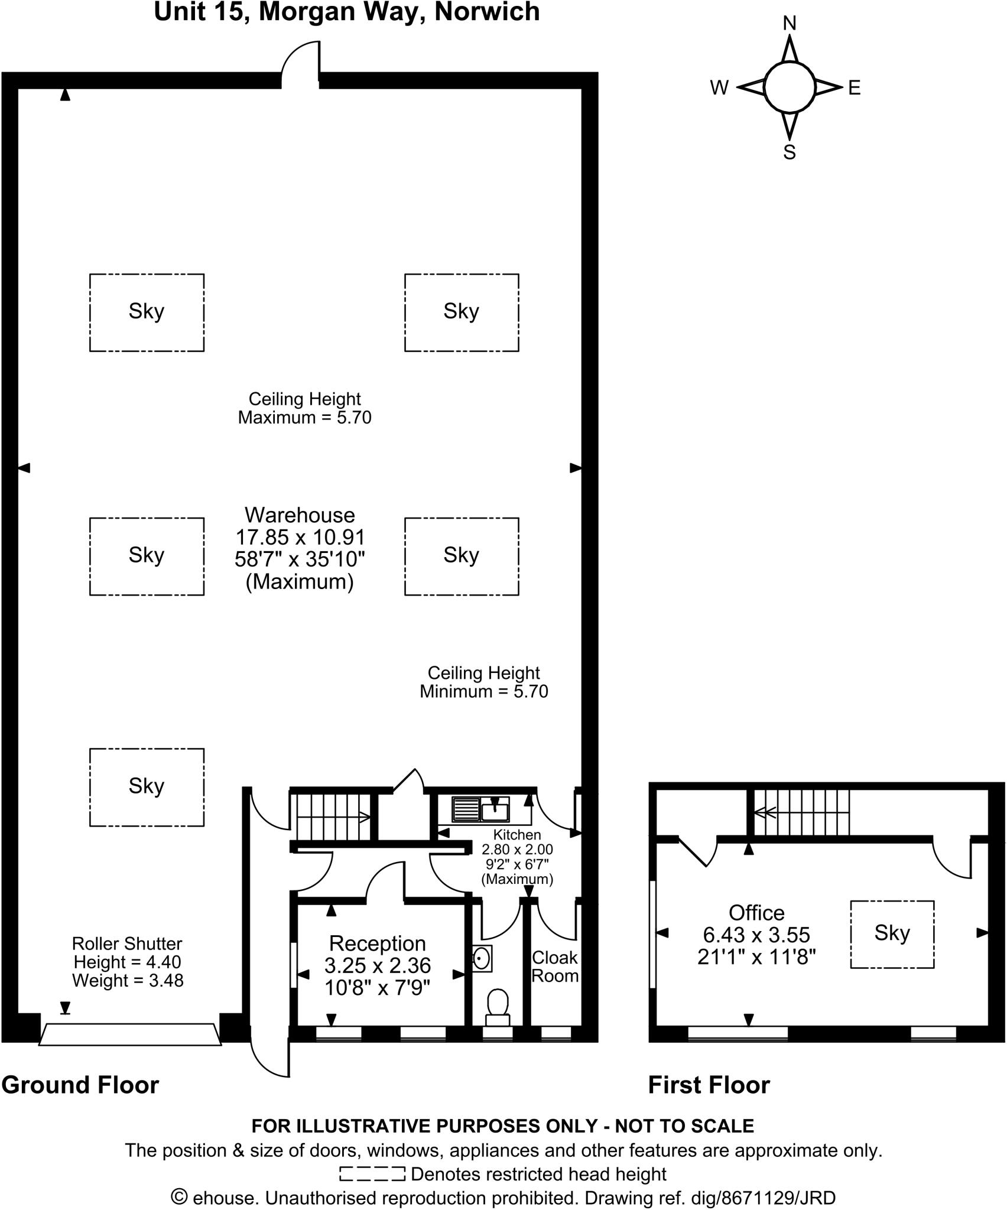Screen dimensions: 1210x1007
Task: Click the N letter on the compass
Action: pos(790,23)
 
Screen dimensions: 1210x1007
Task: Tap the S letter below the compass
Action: pos(790,152)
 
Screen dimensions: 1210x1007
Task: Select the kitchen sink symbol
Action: pos(480,809)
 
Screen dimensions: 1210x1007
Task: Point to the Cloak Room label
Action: pos(554,967)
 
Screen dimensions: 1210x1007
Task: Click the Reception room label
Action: pos(377,944)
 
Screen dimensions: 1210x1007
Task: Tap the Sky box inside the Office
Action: pos(892,934)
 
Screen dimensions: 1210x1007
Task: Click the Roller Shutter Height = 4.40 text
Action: pos(127,962)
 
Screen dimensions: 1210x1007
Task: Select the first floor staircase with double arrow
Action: pos(801,813)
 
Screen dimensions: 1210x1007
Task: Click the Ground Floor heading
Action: pos(80,1085)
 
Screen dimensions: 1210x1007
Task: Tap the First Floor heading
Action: pos(709,1085)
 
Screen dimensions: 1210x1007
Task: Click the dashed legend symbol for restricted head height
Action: pos(372,1173)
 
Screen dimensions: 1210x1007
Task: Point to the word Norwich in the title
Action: pos(487,12)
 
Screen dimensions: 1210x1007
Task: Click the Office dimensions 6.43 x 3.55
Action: pos(756,935)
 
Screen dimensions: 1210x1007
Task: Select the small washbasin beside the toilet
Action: pos(482,958)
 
